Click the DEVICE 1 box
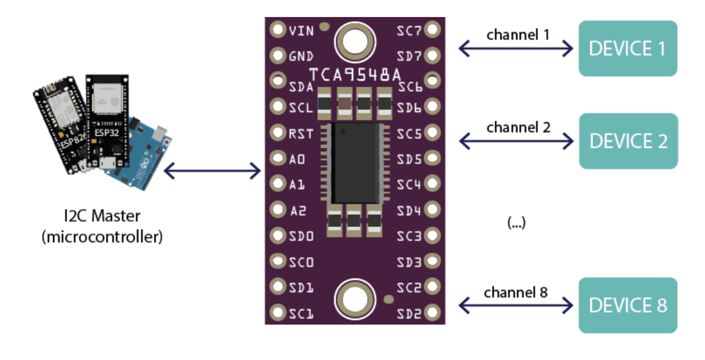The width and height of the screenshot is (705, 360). click(627, 48)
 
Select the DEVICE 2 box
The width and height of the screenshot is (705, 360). click(628, 141)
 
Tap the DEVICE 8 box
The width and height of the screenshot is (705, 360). click(627, 305)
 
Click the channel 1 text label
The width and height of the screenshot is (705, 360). click(518, 35)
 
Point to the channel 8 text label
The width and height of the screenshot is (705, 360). click(515, 292)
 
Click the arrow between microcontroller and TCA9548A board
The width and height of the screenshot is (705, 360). click(212, 170)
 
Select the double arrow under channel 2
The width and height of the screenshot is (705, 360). click(516, 141)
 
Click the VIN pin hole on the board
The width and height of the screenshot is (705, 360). click(277, 30)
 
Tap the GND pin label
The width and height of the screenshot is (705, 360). click(301, 56)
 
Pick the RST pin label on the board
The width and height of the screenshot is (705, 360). click(301, 134)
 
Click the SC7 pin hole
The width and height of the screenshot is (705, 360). click(432, 30)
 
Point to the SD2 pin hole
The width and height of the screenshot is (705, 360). click(432, 313)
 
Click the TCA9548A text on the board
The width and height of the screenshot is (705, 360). click(355, 75)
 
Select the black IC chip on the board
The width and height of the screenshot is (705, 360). click(355, 163)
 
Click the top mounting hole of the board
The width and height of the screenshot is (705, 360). click(355, 42)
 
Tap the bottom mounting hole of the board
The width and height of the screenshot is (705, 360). click(355, 300)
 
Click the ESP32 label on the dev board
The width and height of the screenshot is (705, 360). click(107, 132)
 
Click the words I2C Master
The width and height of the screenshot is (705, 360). click(102, 216)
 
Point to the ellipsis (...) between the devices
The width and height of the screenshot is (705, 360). click(516, 223)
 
